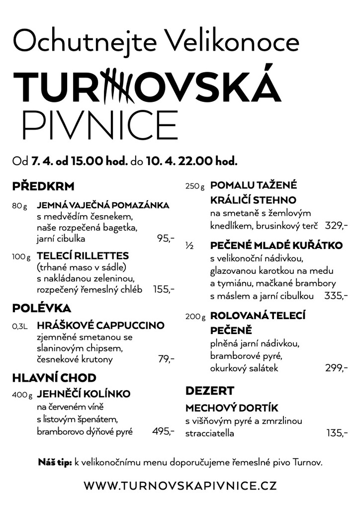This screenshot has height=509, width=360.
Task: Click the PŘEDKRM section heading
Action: point(43,187)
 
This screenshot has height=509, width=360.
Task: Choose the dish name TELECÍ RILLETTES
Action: point(83,256)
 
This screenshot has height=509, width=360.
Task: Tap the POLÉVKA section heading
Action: point(42,308)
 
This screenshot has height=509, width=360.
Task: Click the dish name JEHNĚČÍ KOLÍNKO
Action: point(84,394)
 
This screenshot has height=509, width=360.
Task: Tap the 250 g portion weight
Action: point(195,186)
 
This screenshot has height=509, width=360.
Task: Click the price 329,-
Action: point(336,226)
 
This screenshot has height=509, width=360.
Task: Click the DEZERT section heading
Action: point(209,390)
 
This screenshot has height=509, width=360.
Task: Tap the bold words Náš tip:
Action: point(55,462)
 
